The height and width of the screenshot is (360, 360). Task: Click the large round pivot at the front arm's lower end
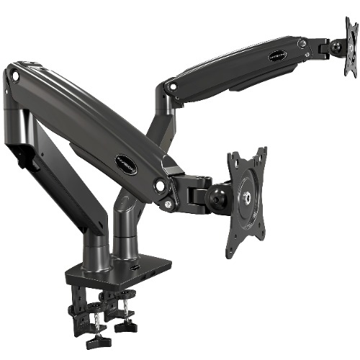click(160, 185)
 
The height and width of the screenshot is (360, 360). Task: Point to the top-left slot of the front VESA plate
click(234, 163)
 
